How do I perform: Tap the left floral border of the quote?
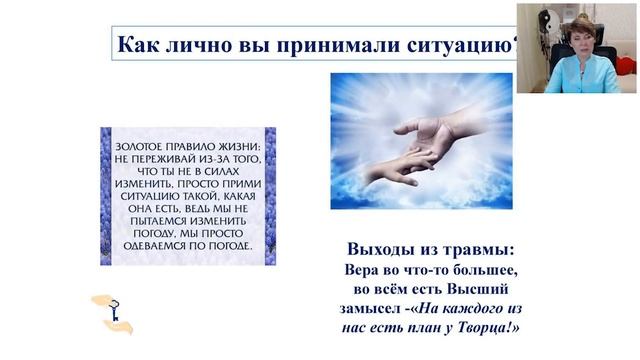pyautogui.click(x=106, y=195)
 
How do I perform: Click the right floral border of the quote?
pyautogui.click(x=270, y=195)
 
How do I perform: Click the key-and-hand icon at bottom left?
pyautogui.click(x=110, y=311)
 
